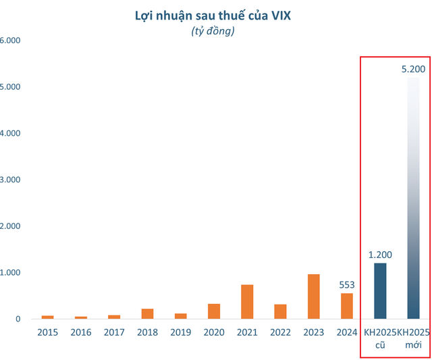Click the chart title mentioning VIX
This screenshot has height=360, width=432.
[x=213, y=15]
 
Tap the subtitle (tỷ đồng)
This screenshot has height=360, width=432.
[x=213, y=31]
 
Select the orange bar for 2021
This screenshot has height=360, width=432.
[x=247, y=302]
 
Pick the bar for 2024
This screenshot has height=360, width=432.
[x=346, y=306]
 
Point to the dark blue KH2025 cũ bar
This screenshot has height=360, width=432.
[x=380, y=291]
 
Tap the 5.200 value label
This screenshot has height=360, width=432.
[x=413, y=70]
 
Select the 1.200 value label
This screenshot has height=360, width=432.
[x=380, y=255]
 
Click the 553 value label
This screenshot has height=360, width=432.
[x=346, y=285]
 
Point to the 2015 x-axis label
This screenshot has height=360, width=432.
[x=47, y=332]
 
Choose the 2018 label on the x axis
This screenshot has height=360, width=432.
[x=147, y=332]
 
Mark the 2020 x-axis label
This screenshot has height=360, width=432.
[x=213, y=332]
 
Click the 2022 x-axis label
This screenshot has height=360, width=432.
[x=280, y=332]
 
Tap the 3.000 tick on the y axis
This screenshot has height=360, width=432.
[x=11, y=180]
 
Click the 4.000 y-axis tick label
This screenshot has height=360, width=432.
[x=11, y=133]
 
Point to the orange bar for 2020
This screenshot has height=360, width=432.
[x=213, y=311]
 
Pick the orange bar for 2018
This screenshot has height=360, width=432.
[x=147, y=313]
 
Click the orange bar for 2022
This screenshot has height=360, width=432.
[x=280, y=311]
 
